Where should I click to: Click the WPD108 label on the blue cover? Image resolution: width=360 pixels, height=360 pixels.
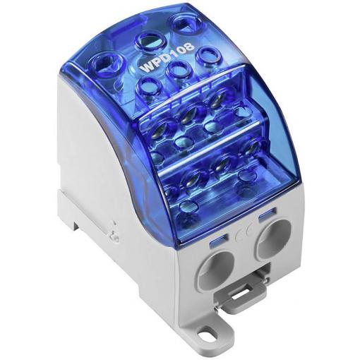tap(167, 57)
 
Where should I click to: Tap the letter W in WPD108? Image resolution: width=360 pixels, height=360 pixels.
tap(147, 68)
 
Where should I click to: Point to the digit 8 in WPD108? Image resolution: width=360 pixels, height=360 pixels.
tap(189, 46)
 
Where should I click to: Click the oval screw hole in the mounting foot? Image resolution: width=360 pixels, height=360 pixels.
tap(203, 334)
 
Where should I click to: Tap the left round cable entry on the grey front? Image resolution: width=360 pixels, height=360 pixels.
tap(217, 268)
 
